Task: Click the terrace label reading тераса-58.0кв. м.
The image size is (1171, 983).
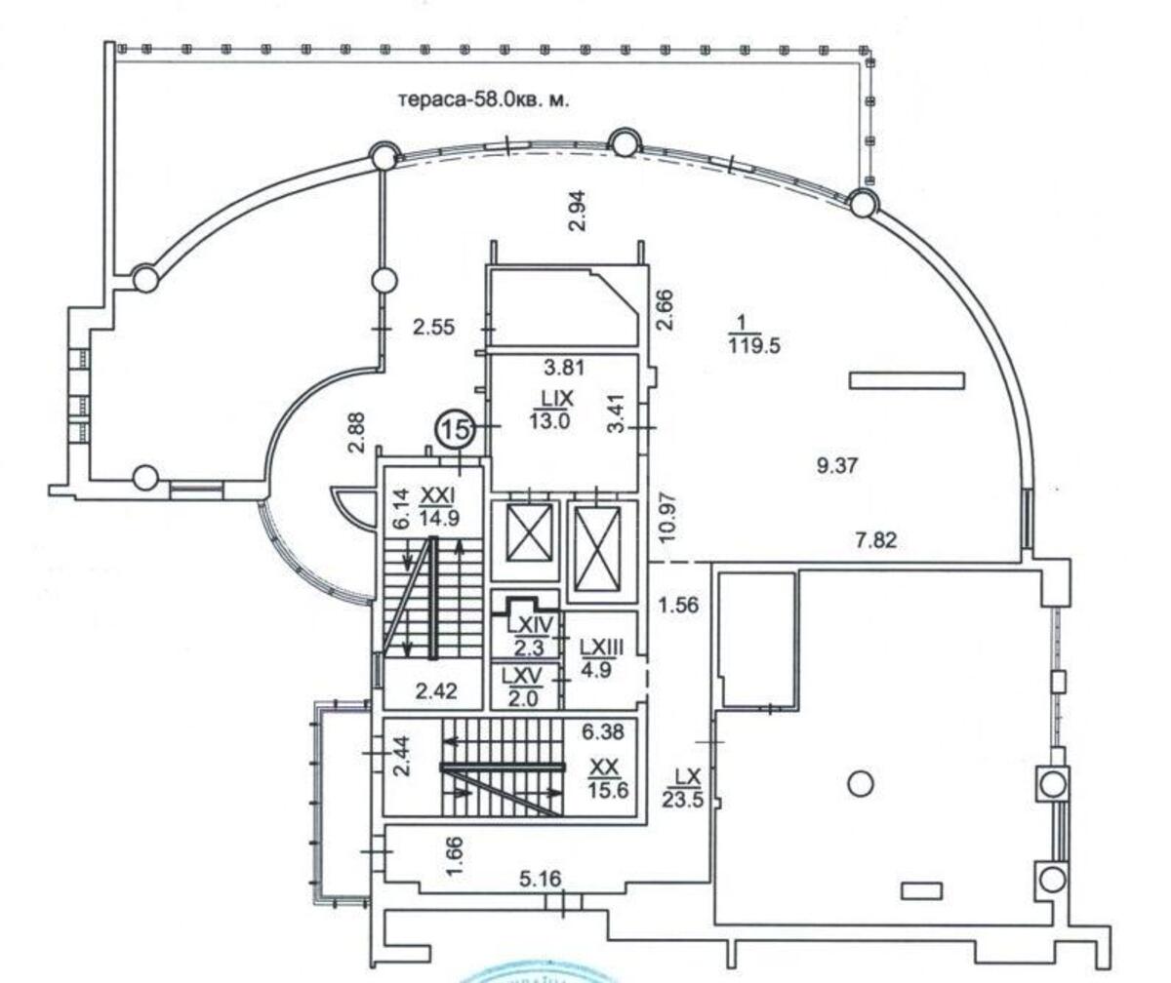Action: click(x=483, y=99)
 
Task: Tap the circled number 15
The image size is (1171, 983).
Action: click(x=455, y=427)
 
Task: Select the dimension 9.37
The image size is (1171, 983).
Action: click(x=836, y=466)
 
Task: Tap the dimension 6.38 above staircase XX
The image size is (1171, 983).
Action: click(x=604, y=728)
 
